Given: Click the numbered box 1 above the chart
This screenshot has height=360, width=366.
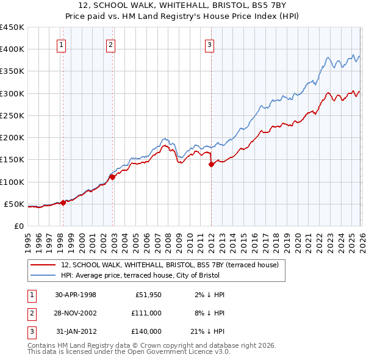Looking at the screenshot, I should pos(62,44).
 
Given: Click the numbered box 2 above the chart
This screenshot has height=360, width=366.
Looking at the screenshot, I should pos(110,44).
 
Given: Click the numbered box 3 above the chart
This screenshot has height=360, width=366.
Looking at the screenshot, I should pos(209,44).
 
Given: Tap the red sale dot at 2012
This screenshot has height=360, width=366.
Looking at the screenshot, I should pos(211,164).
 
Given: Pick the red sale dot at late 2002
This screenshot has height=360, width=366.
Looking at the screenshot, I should pos(113,177).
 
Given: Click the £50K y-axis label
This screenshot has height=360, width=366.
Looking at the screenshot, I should pos(14,204).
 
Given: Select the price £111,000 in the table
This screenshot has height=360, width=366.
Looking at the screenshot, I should pos(146,312).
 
